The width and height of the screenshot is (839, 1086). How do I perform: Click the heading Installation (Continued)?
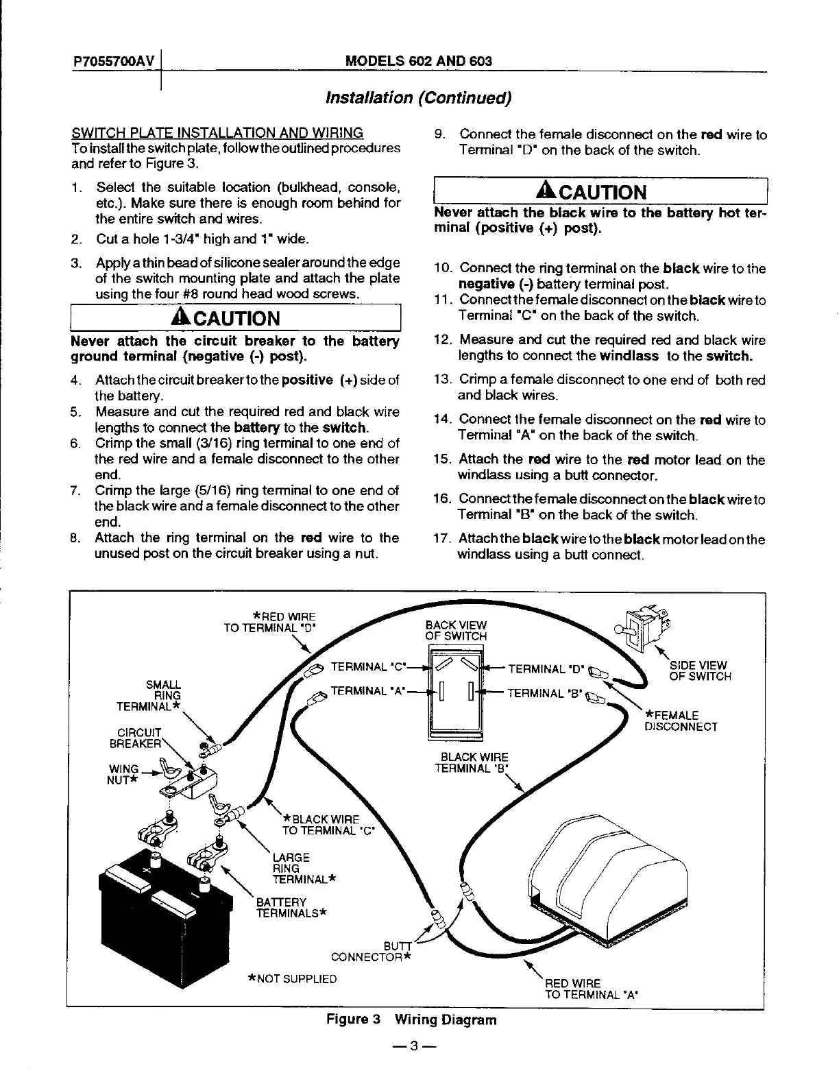(x=418, y=98)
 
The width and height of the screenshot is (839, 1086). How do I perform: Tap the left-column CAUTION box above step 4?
(x=235, y=319)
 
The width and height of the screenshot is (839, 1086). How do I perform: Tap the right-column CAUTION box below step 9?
(x=600, y=192)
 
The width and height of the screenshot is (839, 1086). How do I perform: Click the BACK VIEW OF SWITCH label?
(x=456, y=631)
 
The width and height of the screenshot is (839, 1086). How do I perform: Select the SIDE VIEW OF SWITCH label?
(x=700, y=671)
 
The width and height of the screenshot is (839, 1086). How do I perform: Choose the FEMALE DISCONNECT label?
(x=681, y=721)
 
